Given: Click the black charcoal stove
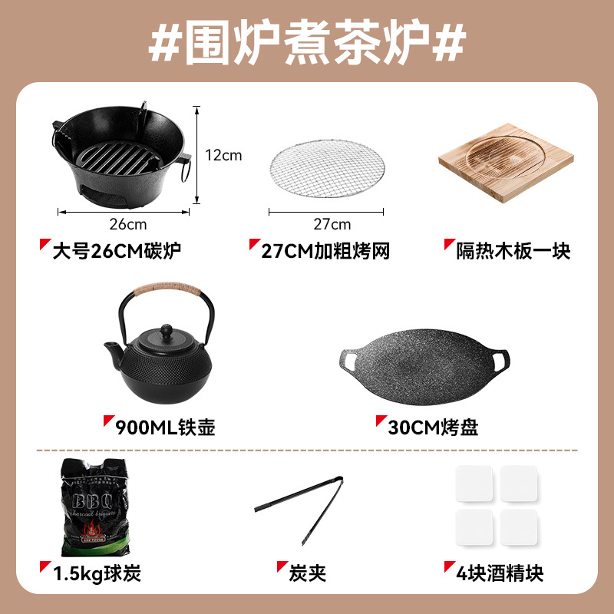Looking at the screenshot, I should tap(119, 153).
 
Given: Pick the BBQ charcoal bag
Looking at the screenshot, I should tap(94, 507).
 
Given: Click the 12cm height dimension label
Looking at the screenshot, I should tap(223, 155).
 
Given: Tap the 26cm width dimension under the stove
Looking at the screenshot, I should tap(127, 224).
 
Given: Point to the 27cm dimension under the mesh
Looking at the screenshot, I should tap(332, 224).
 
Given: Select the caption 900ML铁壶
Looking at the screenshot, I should tap(164, 427).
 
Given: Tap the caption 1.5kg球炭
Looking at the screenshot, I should tap(96, 572).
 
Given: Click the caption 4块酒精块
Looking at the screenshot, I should tap(499, 572).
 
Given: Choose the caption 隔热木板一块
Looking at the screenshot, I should tap(513, 251).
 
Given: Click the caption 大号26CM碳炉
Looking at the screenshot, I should tap(118, 251).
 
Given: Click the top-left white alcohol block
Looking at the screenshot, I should tap(476, 484).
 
